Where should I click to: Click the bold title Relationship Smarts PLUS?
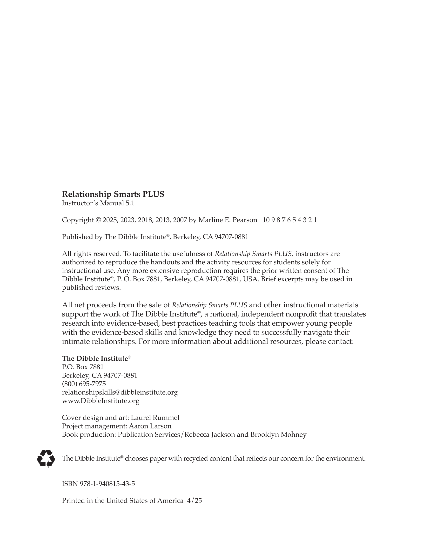pos(113,194)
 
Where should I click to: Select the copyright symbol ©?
pos(98,220)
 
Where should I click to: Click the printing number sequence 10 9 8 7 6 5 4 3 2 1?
pos(289,220)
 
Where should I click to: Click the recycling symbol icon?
pos(46,458)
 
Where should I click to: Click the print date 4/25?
pos(195,500)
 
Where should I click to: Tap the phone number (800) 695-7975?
pos(84,384)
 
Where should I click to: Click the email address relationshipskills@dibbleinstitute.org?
pos(120,392)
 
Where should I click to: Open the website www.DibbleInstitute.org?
pos(101,401)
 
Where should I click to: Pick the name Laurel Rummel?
pos(155,418)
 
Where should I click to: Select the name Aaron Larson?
pos(150,426)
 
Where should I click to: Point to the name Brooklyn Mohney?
pos(278,434)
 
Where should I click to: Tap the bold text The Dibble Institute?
pos(95,358)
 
